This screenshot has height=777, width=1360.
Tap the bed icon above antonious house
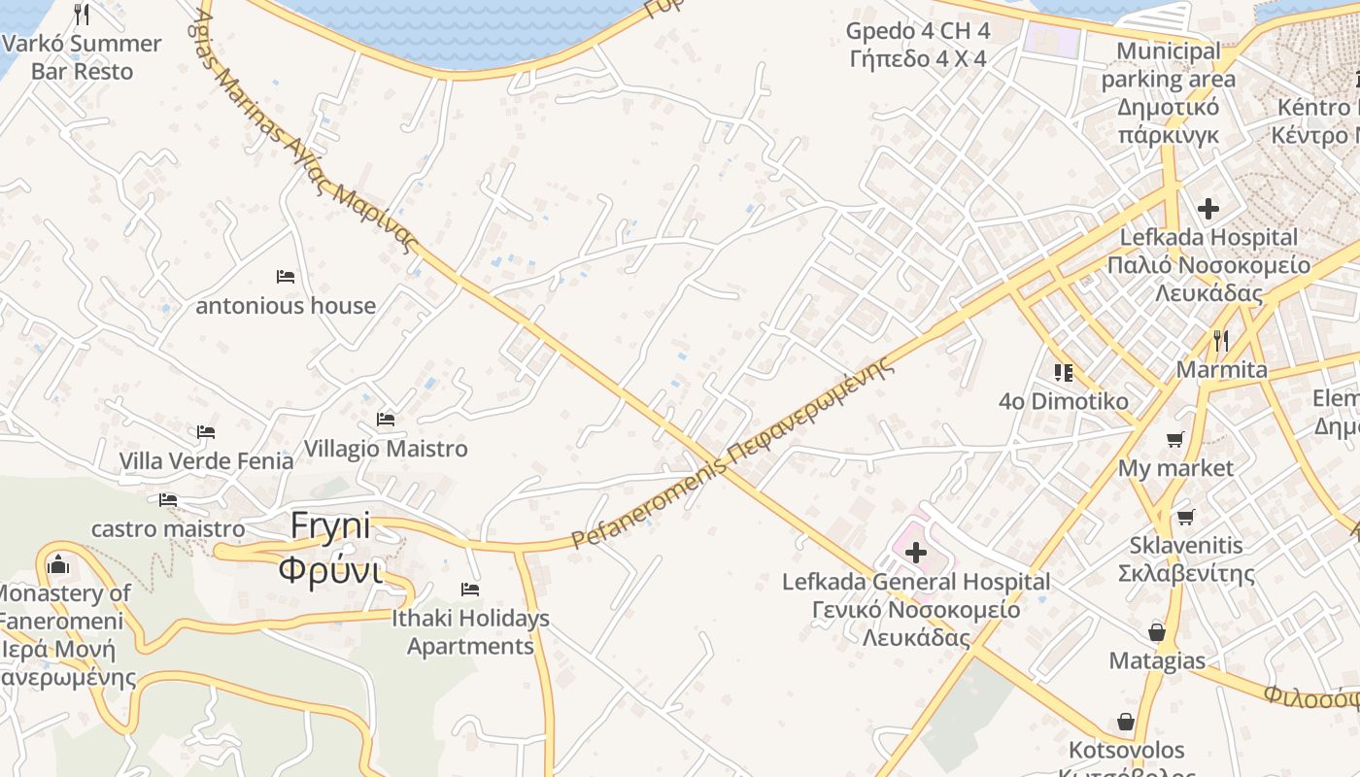tap(286, 277)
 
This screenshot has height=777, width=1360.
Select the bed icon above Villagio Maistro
tap(386, 420)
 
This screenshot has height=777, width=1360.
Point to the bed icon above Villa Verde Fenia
tap(206, 432)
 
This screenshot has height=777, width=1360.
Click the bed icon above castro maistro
tap(168, 500)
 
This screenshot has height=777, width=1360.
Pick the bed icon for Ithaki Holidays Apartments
tap(470, 590)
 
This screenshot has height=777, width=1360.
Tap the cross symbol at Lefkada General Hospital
tap(915, 554)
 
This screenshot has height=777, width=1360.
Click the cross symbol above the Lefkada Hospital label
tap(1208, 208)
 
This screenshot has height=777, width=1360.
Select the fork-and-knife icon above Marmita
tap(1221, 341)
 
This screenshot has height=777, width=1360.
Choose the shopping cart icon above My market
tap(1175, 440)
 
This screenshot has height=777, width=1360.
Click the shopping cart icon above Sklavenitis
tap(1185, 517)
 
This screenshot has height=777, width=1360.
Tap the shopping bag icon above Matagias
tap(1157, 632)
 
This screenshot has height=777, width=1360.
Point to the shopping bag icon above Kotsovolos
tap(1126, 722)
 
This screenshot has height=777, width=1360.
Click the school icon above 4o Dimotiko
tap(1064, 372)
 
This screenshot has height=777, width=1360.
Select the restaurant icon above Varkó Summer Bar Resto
tap(82, 15)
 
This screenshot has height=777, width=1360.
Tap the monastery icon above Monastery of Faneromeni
tap(58, 564)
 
